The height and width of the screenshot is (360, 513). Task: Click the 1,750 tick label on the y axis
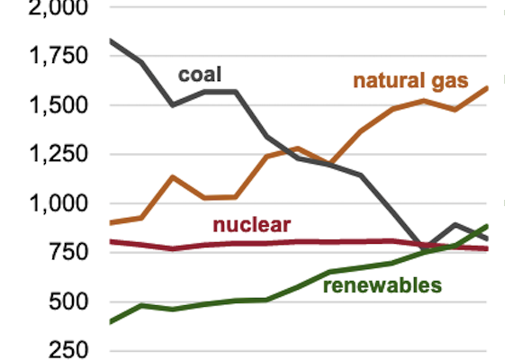[56, 56]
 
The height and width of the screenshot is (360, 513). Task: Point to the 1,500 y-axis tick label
[56, 105]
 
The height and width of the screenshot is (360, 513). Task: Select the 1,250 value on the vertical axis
[56, 154]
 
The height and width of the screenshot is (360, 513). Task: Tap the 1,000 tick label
[56, 203]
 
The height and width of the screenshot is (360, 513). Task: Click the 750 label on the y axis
[67, 252]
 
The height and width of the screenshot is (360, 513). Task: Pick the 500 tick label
[67, 301]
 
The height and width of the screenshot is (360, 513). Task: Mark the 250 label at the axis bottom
[67, 349]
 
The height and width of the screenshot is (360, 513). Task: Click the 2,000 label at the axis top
[56, 8]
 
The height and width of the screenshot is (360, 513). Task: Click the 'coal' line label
[199, 74]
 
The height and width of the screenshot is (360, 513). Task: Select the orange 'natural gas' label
[410, 81]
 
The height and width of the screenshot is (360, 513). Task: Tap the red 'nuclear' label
[251, 225]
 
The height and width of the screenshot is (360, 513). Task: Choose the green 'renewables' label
[382, 286]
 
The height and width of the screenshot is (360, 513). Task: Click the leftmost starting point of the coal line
[110, 40]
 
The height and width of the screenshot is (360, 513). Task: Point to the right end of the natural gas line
[487, 87]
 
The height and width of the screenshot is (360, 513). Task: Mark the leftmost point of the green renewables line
[110, 321]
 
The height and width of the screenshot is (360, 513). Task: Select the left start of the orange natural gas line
[110, 222]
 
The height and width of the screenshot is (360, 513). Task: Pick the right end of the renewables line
[487, 226]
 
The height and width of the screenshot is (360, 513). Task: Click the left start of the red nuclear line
[110, 241]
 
